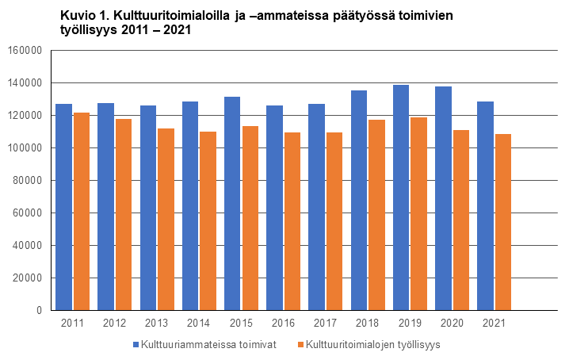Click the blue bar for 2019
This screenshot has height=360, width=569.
point(401,197)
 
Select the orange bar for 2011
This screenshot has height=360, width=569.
point(81,211)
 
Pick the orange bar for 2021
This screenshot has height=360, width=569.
point(502,222)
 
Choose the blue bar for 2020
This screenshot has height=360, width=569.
point(443,198)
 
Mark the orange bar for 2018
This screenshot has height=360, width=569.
point(376,215)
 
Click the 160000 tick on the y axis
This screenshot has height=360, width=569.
point(24,51)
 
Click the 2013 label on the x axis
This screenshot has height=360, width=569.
point(157,324)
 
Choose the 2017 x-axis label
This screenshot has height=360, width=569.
point(326,324)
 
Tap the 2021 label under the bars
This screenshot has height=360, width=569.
point(494,324)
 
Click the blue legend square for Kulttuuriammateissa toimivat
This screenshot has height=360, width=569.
point(136,345)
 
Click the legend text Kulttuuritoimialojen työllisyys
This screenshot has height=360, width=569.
point(372,345)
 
